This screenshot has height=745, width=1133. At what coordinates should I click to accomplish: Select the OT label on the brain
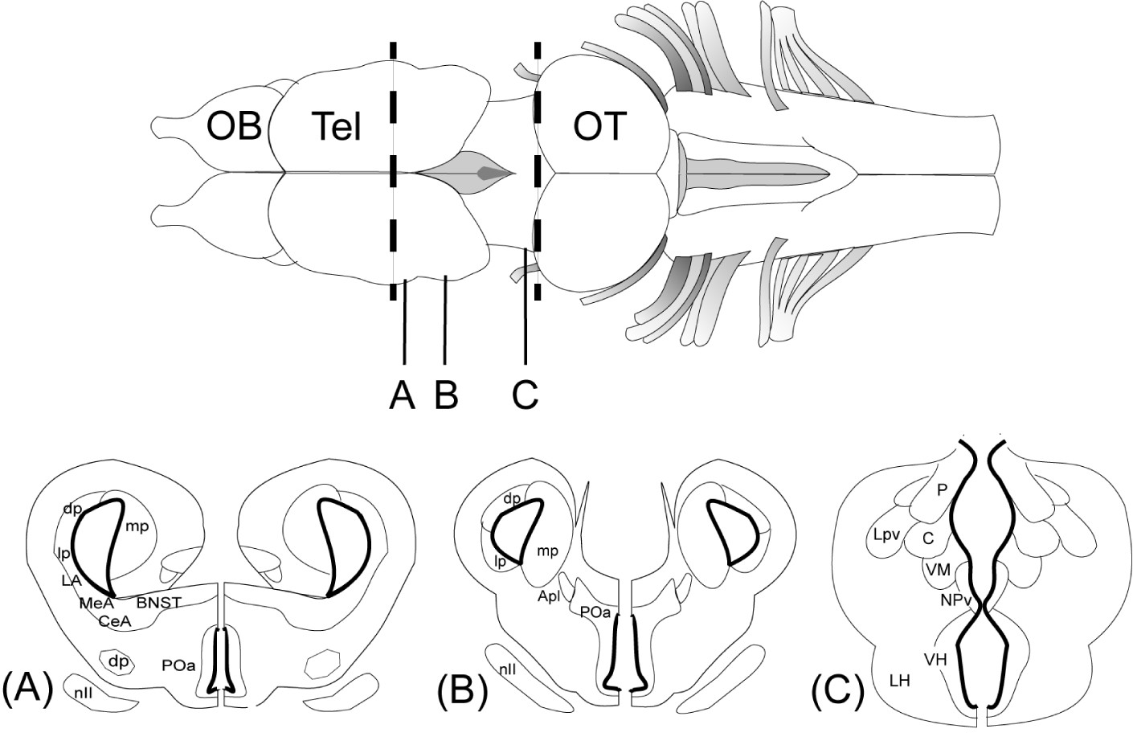click(599, 127)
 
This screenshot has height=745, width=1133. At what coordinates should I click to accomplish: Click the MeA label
click(97, 603)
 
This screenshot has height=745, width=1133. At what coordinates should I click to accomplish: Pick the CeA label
click(116, 620)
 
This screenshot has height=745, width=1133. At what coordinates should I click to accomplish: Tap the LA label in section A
click(67, 579)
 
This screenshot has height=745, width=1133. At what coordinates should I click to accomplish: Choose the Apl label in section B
click(550, 596)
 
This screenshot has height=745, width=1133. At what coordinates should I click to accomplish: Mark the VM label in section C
click(938, 570)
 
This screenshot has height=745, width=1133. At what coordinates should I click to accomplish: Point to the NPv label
click(956, 599)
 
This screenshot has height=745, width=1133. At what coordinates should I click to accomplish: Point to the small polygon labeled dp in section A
click(119, 662)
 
